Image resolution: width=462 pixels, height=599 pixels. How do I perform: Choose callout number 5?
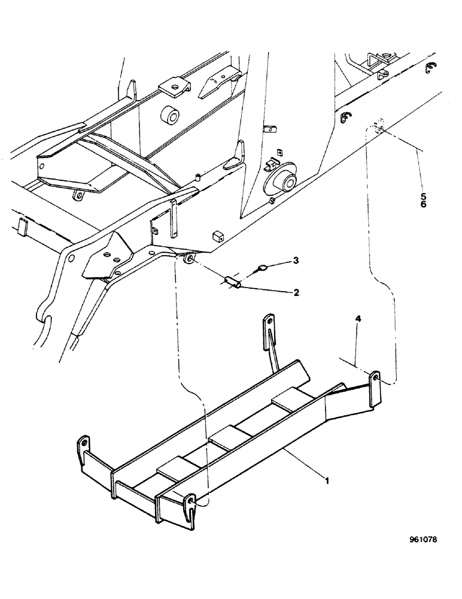pyautogui.click(x=424, y=195)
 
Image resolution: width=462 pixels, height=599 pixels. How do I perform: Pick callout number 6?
pyautogui.click(x=424, y=205)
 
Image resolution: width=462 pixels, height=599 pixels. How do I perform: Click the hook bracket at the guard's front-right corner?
pyautogui.click(x=190, y=508)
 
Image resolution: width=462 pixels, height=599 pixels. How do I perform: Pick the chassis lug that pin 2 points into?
pyautogui.click(x=189, y=259)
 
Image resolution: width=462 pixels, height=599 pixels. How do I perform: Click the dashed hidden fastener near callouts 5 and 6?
pyautogui.click(x=377, y=127)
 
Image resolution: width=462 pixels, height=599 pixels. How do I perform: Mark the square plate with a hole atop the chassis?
pyautogui.click(x=173, y=87)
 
